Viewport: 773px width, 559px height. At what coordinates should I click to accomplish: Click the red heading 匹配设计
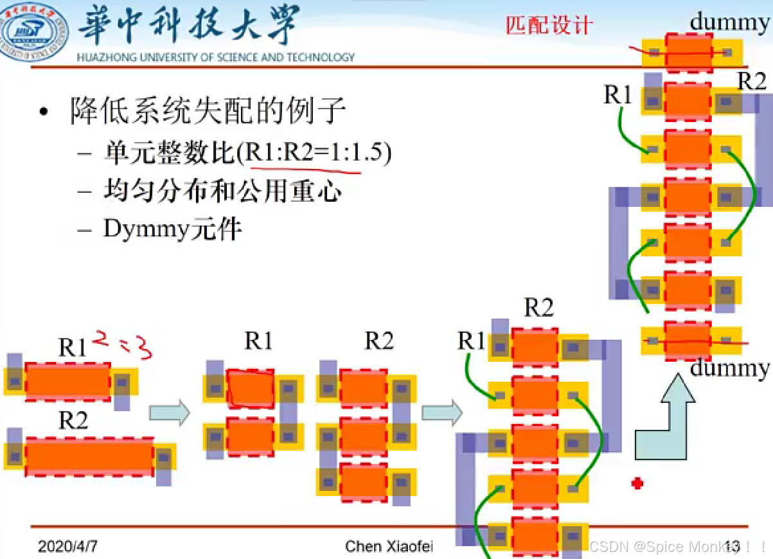pyautogui.click(x=548, y=25)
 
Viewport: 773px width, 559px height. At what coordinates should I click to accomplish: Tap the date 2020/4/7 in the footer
pyautogui.click(x=67, y=547)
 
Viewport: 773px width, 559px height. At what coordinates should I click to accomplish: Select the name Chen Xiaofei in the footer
pyautogui.click(x=389, y=547)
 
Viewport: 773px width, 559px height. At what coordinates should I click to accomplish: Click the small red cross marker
pyautogui.click(x=637, y=483)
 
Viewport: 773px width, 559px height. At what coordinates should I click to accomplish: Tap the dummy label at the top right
pyautogui.click(x=729, y=22)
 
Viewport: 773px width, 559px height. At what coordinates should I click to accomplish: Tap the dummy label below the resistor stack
pyautogui.click(x=729, y=368)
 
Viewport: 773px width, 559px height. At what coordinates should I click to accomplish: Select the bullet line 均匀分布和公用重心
pyautogui.click(x=222, y=191)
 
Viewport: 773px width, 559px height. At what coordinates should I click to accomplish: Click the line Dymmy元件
pyautogui.click(x=172, y=228)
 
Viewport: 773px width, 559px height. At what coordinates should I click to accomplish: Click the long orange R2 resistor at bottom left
pyautogui.click(x=89, y=457)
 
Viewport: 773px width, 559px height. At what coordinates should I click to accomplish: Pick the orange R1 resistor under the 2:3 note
pyautogui.click(x=67, y=382)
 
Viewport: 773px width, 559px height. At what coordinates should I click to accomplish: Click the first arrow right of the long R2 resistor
pyautogui.click(x=170, y=412)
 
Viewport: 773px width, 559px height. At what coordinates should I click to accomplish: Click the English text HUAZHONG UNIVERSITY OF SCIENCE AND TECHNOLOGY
pyautogui.click(x=215, y=58)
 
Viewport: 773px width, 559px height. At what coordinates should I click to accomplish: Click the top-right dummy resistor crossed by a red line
pyautogui.click(x=689, y=51)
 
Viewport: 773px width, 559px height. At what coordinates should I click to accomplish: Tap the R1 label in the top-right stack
pyautogui.click(x=618, y=95)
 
